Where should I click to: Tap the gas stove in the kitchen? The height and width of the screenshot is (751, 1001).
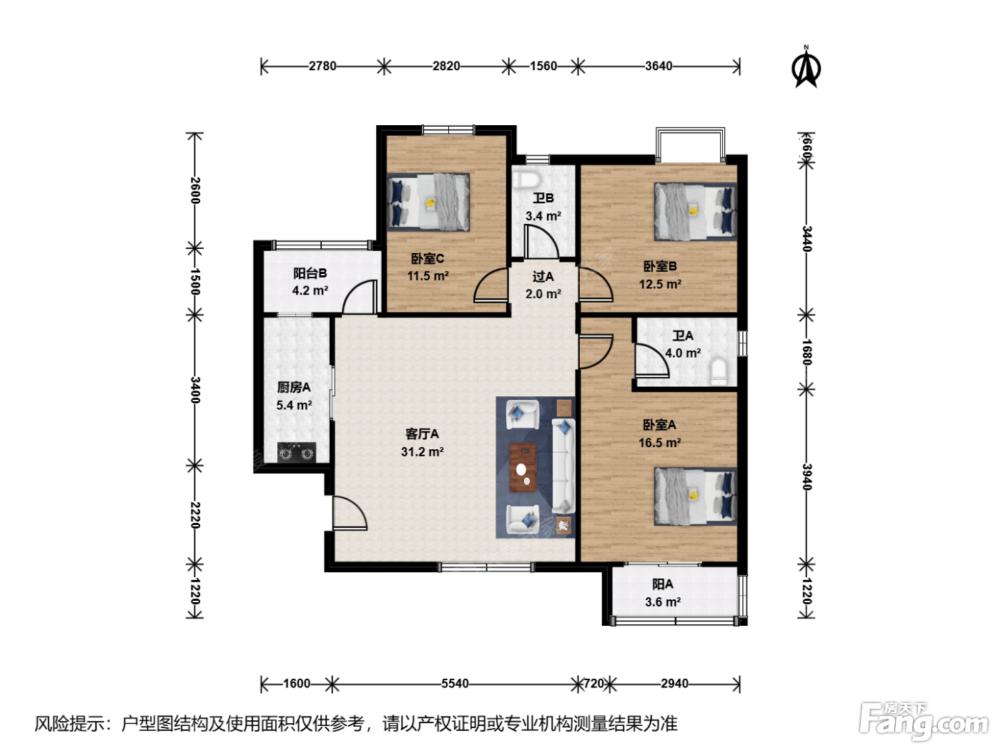tap(297, 452)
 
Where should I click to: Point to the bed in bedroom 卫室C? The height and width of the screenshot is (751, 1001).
tap(428, 202)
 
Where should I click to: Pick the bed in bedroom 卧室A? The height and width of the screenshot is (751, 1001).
tap(696, 496)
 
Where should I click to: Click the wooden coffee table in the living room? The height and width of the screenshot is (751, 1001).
tap(523, 467)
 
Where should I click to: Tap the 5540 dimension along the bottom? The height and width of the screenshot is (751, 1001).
tap(455, 683)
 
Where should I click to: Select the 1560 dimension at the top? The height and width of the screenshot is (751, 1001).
tap(543, 66)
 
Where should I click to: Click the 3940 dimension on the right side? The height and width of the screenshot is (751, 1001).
tap(807, 476)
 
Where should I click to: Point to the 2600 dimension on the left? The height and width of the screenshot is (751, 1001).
tap(194, 190)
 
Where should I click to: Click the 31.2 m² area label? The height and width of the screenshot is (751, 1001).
tap(423, 451)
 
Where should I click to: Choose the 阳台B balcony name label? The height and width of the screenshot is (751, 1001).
tap(310, 273)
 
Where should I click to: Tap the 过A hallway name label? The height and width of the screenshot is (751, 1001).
tap(543, 276)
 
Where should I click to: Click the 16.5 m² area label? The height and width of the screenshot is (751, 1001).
tap(659, 442)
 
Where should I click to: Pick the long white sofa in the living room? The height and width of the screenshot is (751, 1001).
tap(563, 466)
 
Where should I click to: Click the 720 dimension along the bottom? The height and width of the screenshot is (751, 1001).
tap(593, 683)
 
